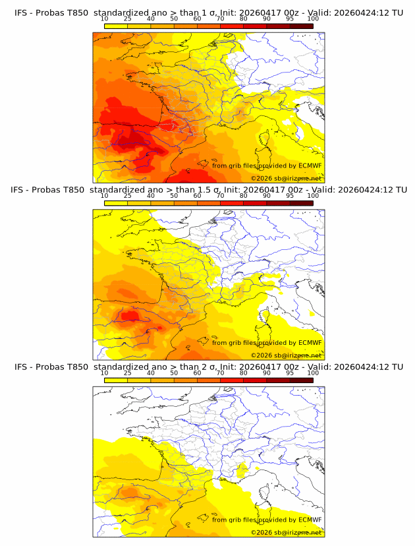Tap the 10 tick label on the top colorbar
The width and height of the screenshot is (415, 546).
(x=104, y=19)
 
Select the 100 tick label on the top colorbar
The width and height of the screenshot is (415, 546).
(x=313, y=19)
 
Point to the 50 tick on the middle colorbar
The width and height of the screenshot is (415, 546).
(x=174, y=196)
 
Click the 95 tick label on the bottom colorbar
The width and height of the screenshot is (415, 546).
(x=290, y=373)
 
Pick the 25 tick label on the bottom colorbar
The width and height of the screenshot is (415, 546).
(x=127, y=373)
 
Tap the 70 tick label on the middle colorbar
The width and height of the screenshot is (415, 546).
(x=220, y=196)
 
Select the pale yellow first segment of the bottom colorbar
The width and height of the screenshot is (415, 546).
(x=115, y=380)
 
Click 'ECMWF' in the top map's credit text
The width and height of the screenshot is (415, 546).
(x=310, y=166)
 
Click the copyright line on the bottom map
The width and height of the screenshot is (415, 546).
(x=286, y=532)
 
